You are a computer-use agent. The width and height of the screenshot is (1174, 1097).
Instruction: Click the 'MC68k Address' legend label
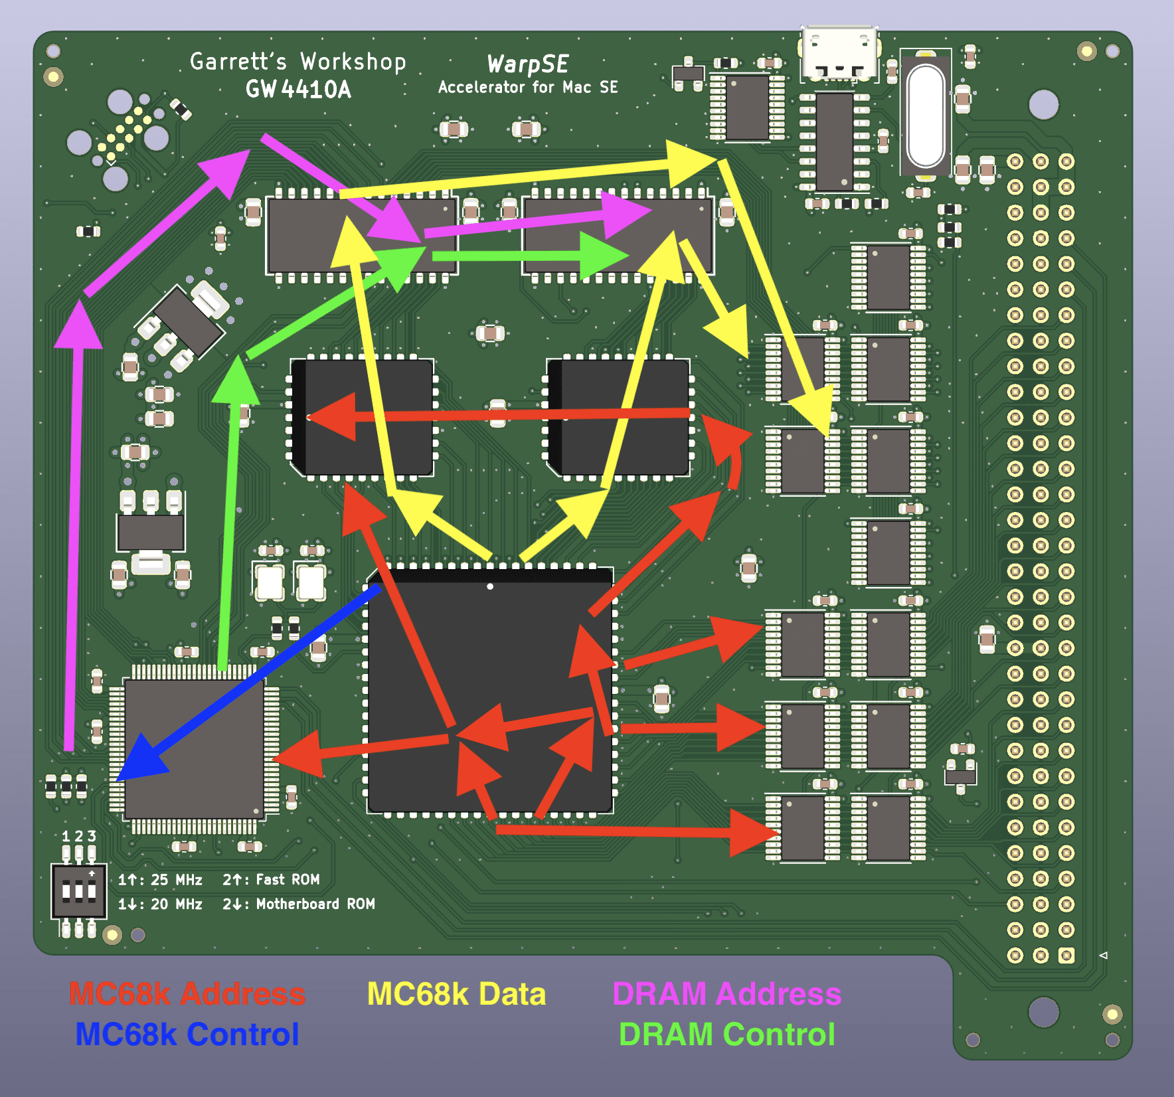[187, 994]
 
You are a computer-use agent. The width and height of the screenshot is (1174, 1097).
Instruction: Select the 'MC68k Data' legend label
[457, 994]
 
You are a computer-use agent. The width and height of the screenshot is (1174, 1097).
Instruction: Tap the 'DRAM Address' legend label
[727, 994]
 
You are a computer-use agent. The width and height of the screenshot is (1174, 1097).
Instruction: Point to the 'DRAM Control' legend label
[727, 1035]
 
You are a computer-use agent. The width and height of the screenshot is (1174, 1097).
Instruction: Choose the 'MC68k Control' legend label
[187, 1035]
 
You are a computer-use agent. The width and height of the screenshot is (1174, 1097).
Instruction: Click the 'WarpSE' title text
[528, 64]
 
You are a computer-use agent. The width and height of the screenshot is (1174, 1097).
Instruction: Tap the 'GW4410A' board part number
[298, 89]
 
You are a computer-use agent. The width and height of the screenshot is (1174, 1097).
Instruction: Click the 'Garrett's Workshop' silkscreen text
[298, 61]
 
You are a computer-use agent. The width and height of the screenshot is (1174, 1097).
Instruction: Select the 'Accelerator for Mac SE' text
[528, 87]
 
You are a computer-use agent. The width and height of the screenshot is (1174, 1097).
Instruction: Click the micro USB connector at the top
[839, 54]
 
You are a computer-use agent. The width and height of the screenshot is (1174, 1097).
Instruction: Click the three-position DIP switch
[78, 890]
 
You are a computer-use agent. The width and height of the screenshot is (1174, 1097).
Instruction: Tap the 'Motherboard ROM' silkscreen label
[315, 904]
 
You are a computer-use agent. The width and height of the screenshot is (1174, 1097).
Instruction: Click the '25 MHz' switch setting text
[177, 880]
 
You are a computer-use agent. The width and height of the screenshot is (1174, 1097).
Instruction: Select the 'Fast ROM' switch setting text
[288, 880]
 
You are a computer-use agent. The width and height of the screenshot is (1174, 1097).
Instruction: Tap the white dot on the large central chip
[490, 586]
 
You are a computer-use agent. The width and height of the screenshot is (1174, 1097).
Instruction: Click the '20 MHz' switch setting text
[177, 904]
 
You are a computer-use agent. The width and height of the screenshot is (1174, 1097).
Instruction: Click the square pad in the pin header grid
[1066, 956]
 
